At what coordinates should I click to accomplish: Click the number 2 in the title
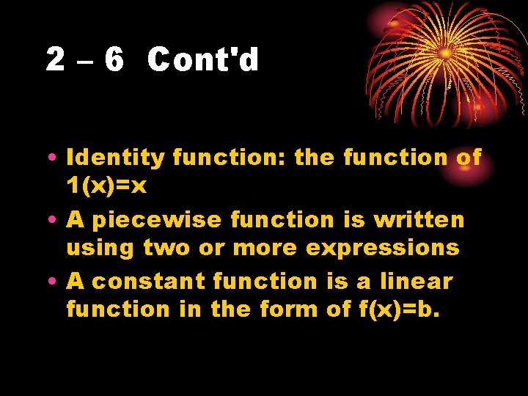tap(55, 59)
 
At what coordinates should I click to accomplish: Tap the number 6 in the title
tap(113, 59)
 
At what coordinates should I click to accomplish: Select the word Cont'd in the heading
tap(203, 59)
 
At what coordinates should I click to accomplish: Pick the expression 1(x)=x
tap(106, 186)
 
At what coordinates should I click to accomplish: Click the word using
tap(100, 249)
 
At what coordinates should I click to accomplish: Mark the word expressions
tap(382, 249)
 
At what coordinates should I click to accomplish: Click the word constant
tap(148, 281)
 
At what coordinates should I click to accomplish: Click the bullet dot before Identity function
tap(55, 158)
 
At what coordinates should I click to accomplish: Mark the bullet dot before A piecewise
tap(55, 220)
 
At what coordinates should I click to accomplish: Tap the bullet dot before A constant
tap(55, 282)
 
